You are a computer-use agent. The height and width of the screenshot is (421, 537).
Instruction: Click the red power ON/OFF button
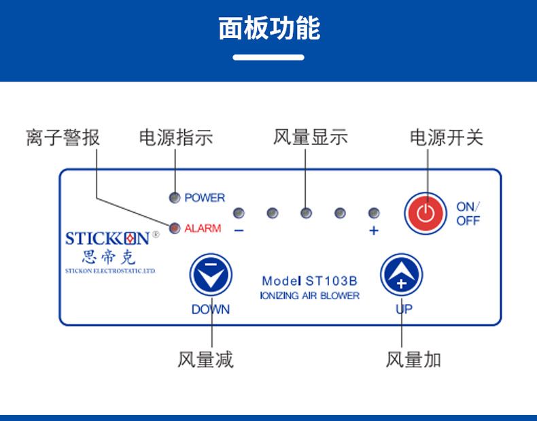(425, 213)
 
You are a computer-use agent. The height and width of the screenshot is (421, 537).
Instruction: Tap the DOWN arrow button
(211, 275)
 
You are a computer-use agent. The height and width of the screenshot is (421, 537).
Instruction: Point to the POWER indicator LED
(175, 197)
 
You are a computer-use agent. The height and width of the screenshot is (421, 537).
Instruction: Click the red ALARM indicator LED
(175, 228)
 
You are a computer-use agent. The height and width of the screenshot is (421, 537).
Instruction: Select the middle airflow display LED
(306, 213)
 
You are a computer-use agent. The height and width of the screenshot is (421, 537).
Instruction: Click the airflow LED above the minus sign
(239, 213)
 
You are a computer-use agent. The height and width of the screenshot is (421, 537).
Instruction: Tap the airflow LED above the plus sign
(373, 213)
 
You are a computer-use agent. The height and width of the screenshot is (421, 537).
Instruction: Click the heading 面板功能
(269, 29)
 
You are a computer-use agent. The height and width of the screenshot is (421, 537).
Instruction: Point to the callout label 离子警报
(63, 137)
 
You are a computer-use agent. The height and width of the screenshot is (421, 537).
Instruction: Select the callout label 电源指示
(175, 137)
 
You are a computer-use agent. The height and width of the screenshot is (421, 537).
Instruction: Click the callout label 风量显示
(310, 137)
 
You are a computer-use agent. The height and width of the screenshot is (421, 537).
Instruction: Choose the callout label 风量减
(205, 359)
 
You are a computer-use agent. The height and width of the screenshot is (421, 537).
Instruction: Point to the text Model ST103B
(310, 280)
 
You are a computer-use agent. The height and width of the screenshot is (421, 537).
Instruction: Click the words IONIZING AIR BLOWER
(310, 296)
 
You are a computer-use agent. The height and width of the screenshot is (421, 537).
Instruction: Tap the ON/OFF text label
(468, 214)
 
